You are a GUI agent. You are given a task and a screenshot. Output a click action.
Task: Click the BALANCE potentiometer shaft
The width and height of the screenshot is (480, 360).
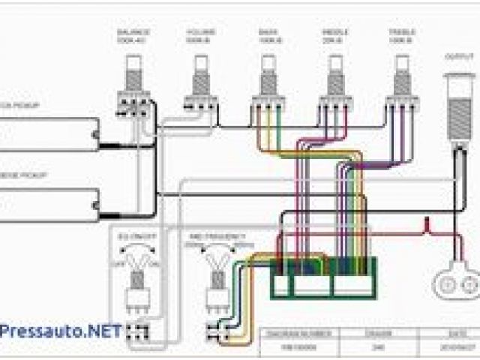133,74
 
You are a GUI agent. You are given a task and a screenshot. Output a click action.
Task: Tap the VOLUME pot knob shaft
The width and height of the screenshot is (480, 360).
200,74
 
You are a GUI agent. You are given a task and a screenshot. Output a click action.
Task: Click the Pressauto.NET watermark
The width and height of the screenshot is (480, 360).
60,331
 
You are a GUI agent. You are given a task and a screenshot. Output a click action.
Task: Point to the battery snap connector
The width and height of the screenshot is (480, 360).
455,284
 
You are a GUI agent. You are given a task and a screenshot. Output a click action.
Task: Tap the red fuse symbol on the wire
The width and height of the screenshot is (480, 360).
427,223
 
